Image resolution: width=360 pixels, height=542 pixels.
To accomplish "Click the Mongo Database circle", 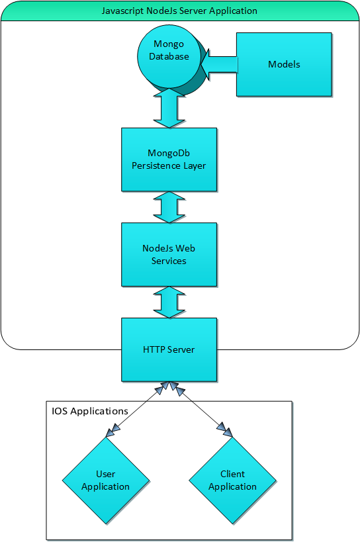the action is click(x=169, y=56).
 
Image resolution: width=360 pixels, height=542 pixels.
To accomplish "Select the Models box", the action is click(x=284, y=64).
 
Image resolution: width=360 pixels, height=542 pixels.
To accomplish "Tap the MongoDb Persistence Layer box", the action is click(x=169, y=159).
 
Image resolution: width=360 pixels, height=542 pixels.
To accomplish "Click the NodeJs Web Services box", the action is click(x=169, y=254).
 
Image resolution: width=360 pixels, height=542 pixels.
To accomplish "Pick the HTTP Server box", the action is click(x=169, y=349).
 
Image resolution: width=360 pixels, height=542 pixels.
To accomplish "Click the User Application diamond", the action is click(x=106, y=480).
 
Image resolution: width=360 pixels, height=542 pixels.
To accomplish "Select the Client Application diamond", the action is click(x=232, y=480).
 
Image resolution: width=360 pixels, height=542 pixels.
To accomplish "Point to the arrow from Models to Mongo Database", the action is click(x=219, y=65).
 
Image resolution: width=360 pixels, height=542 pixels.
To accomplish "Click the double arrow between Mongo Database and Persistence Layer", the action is click(x=169, y=108).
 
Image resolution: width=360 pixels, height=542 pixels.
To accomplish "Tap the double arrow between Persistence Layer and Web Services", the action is click(x=169, y=207).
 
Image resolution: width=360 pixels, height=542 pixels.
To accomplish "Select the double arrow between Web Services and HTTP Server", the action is click(x=169, y=302).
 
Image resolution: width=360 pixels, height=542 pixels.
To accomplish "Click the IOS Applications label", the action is click(x=90, y=411).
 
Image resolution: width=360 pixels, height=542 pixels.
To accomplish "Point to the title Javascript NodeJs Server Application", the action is click(x=179, y=11).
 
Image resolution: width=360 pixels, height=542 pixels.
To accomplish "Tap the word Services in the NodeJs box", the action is click(x=169, y=261).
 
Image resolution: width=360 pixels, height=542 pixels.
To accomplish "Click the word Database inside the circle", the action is click(x=169, y=56).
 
